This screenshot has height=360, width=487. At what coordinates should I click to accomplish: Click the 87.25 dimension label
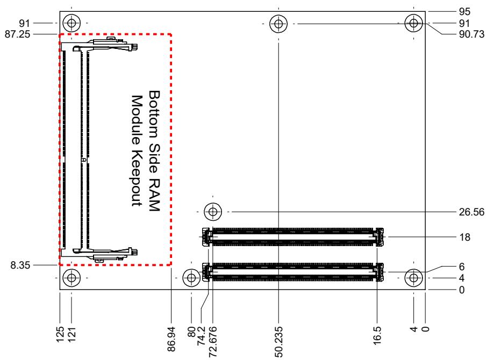pos(17,34)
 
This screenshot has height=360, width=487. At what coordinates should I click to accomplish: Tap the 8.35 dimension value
pos(20,265)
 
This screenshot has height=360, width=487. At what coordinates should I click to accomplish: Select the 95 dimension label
pos(464,11)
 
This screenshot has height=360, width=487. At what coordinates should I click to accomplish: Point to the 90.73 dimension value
pos(471,34)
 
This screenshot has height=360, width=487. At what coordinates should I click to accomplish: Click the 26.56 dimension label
pos(471,212)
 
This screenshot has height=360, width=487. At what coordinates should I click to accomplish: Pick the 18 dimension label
pos(464,237)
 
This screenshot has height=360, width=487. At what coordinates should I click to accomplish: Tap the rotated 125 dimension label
pos(60,334)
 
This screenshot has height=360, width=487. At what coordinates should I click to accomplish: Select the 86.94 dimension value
pos(171,339)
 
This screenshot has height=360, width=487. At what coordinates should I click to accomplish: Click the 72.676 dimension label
pos(213,342)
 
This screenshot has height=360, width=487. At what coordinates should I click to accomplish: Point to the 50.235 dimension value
pos(278,342)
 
